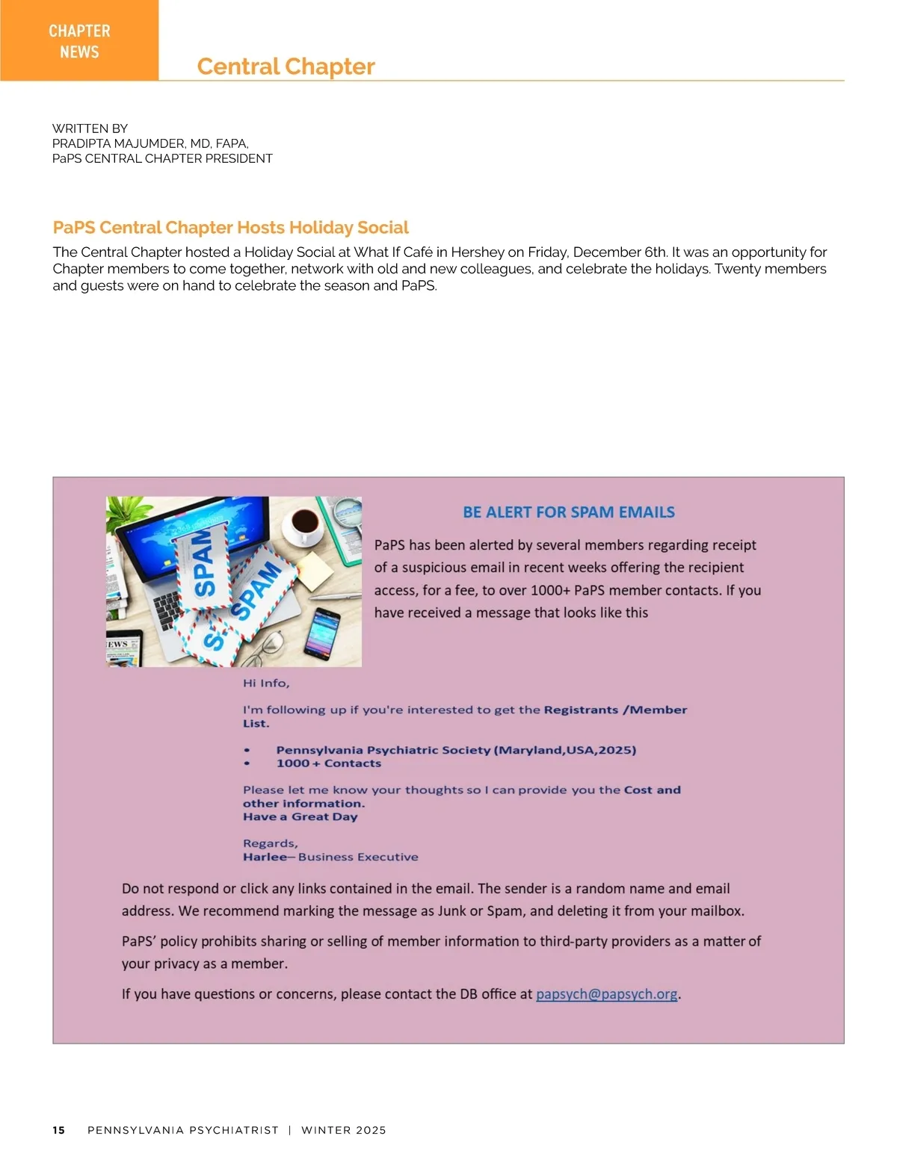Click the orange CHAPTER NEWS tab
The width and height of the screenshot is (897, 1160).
[79, 40]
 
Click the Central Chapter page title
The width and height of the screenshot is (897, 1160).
[286, 66]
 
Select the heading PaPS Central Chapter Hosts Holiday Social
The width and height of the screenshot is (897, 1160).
[230, 227]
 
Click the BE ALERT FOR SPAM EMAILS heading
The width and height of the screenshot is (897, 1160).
[568, 512]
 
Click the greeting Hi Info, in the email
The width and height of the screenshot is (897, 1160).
[266, 683]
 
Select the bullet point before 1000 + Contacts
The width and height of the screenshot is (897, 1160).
[247, 763]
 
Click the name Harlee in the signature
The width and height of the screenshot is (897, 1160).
[264, 857]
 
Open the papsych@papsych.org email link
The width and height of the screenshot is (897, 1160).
[606, 994]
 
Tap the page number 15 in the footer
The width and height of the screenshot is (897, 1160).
[59, 1130]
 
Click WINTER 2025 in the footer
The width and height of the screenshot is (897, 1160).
[344, 1130]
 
